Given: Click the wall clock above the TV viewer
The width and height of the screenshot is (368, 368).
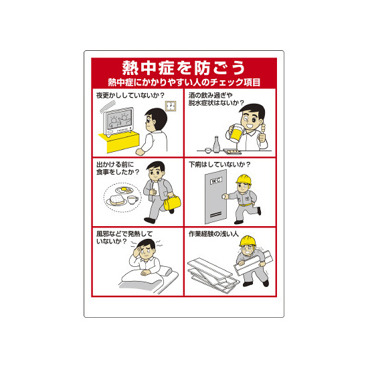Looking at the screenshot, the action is [171, 106].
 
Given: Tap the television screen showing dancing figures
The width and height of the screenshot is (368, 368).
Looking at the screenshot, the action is [118, 120].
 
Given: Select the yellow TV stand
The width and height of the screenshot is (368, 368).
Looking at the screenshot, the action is [119, 141].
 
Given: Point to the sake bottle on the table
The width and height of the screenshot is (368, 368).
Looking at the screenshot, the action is [216, 145].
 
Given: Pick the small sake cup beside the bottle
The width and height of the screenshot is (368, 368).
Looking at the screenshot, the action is [208, 150].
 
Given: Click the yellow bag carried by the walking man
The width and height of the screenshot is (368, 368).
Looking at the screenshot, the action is [172, 203].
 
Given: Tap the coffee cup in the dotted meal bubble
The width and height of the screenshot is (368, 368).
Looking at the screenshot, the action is [132, 200].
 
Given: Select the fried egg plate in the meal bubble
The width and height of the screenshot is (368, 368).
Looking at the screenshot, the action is [124, 189].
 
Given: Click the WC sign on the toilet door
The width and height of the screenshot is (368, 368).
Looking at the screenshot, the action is [215, 181].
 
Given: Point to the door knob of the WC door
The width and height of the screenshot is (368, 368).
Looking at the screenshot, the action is [224, 196].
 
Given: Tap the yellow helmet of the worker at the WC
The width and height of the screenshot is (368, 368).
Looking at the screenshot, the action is [244, 179].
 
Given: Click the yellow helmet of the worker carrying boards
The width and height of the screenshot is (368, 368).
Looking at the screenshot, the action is [248, 241].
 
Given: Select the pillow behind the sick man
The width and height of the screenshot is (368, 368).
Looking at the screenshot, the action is [166, 270].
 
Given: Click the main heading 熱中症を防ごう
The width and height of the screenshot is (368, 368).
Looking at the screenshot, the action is [184, 68].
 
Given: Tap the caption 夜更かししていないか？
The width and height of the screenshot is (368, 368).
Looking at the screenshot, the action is [130, 95].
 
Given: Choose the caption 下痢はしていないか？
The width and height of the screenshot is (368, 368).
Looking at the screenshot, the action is [219, 165].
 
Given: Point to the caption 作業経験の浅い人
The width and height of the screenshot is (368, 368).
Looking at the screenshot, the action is [213, 234].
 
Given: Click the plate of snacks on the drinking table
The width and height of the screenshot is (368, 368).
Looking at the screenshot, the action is [232, 152].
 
